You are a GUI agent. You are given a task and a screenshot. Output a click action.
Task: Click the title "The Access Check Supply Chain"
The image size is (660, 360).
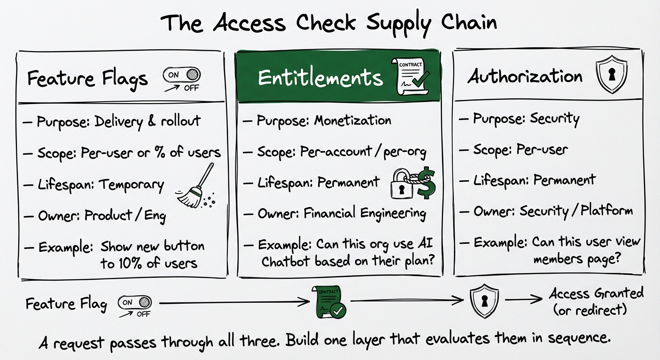click(330, 22)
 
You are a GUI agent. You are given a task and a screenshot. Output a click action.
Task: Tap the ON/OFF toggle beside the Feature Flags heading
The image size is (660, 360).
click(181, 75)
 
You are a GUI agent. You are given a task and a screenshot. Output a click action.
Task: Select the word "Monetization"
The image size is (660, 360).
click(352, 120)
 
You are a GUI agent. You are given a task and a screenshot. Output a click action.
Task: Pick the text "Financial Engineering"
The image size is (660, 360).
click(365, 214)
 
